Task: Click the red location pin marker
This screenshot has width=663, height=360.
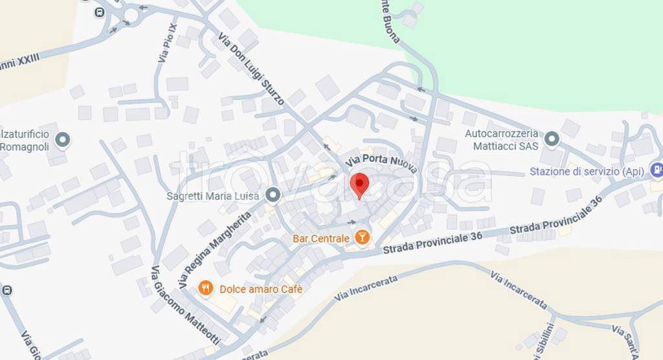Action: (359, 184)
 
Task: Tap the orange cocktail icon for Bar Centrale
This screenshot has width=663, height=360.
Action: (362, 238)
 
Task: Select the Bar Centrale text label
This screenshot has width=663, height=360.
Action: (321, 239)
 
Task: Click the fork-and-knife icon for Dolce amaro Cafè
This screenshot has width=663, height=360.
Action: (206, 289)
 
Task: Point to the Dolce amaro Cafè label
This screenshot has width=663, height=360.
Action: (261, 289)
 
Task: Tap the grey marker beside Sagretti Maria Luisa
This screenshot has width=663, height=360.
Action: (274, 195)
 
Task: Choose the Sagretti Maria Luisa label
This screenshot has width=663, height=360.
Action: (213, 196)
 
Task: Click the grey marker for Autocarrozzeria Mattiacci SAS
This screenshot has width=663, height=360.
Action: (552, 139)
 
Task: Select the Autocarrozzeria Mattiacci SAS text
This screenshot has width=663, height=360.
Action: (502, 140)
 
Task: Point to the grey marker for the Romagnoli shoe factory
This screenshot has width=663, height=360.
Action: (63, 139)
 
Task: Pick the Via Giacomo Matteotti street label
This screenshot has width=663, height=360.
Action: (185, 305)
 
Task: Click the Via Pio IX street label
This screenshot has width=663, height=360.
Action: (167, 43)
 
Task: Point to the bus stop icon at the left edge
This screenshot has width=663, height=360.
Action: (6, 291)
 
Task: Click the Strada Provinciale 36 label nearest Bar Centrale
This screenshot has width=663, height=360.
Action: (432, 243)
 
